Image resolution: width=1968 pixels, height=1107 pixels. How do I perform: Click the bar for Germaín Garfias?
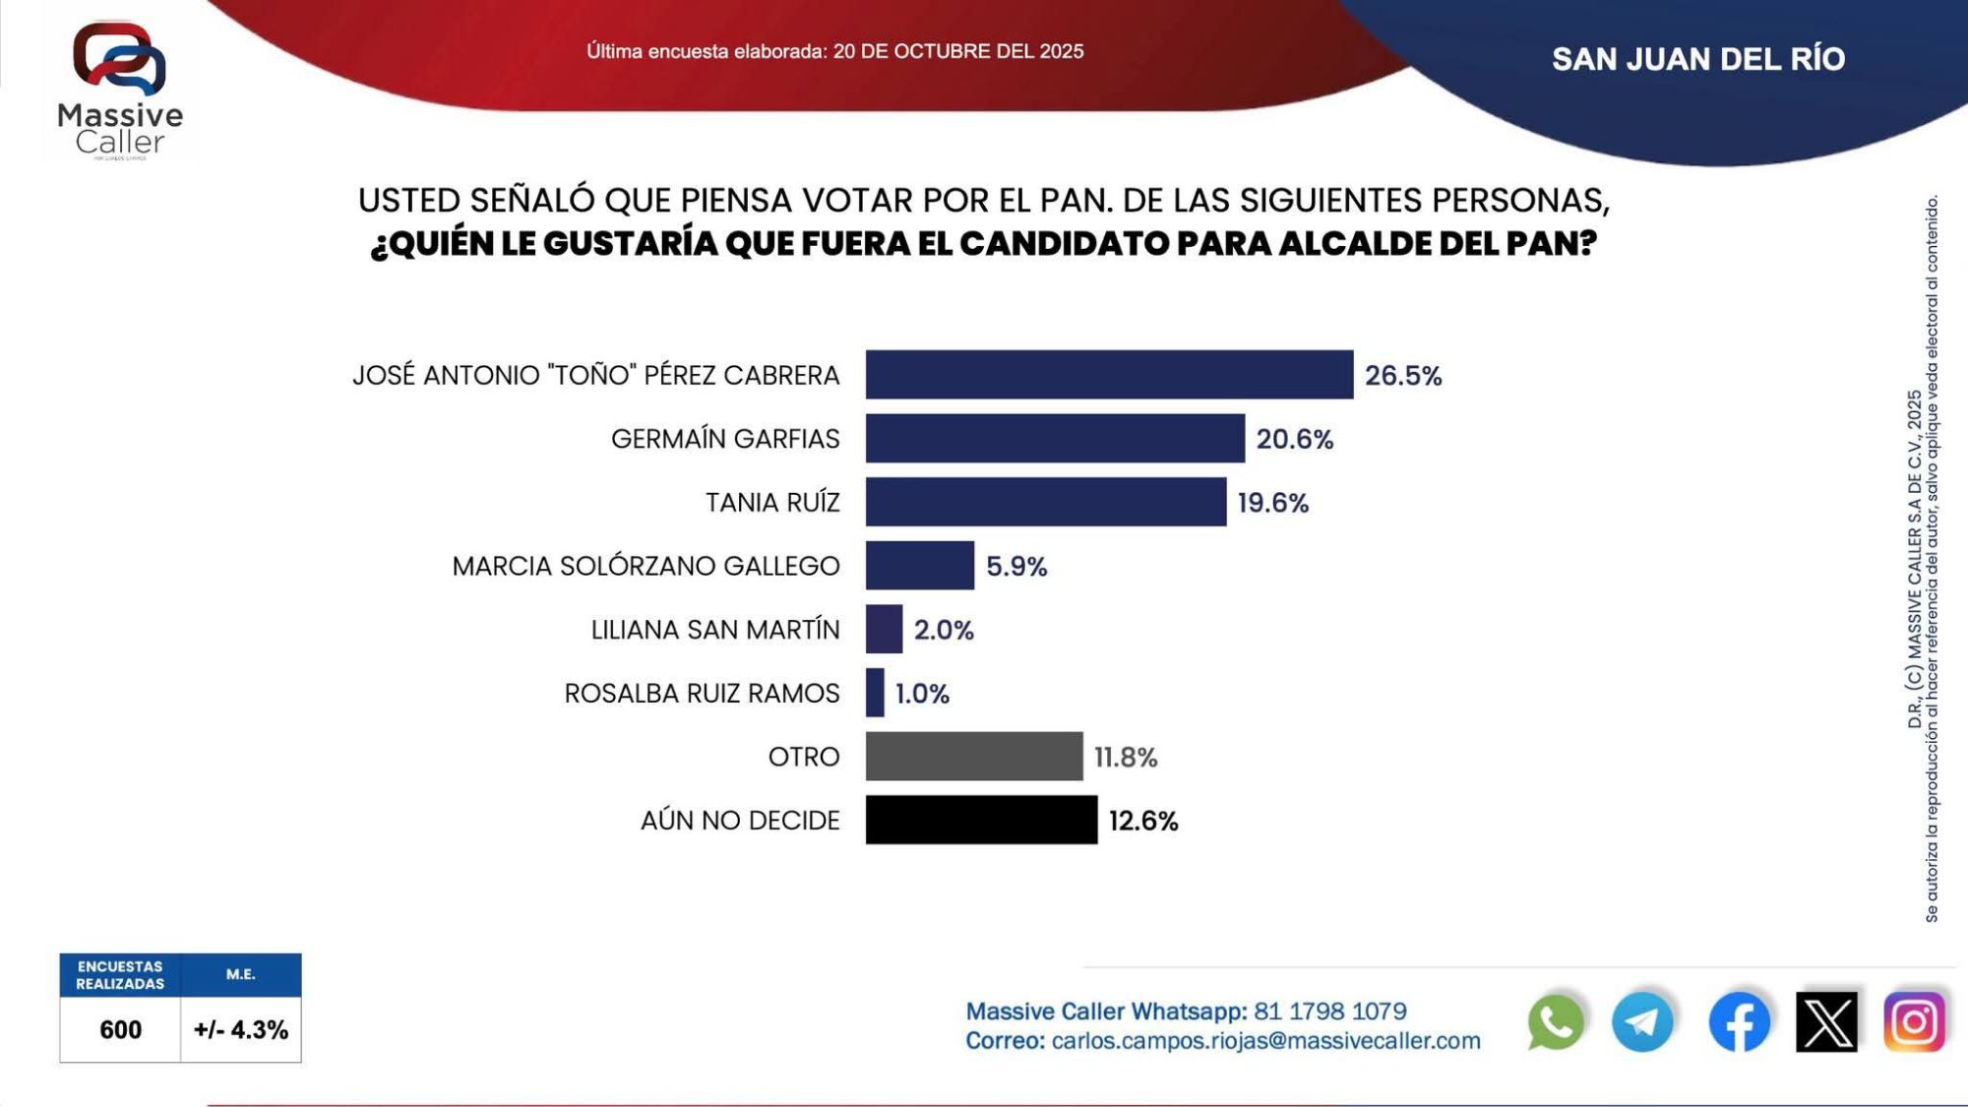coord(1055,438)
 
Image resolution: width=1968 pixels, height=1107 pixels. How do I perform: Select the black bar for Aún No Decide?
coord(981,820)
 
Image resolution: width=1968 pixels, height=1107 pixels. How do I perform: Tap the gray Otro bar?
coord(974,757)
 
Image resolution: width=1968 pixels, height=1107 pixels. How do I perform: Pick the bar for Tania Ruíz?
coord(1046,502)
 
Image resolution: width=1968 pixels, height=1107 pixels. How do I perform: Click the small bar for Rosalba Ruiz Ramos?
coord(875,693)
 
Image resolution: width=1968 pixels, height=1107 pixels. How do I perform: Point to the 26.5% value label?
coord(1402,376)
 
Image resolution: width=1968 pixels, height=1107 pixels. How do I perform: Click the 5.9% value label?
coord(1016,567)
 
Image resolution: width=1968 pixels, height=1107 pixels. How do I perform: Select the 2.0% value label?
coord(944,630)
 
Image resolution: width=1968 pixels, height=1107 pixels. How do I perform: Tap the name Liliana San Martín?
coord(715,630)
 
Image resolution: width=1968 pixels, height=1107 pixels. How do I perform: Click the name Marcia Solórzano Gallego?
coord(646,566)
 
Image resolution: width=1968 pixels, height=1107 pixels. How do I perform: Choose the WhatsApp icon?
coord(1556,1021)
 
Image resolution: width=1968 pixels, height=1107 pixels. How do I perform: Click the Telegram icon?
coord(1642,1021)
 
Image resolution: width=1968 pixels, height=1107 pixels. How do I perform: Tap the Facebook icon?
coord(1739,1021)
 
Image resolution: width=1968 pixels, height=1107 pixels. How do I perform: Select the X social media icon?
coord(1826,1021)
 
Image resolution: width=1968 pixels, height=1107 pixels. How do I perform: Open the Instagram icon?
coord(1914,1021)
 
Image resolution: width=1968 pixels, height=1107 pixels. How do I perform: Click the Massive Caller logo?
coord(120,89)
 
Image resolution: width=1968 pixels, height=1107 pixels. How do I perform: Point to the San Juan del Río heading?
coord(1698,59)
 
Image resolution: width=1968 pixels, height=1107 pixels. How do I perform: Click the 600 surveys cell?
coord(120,1029)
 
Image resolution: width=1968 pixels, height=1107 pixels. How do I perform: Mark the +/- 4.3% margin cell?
coord(241,1029)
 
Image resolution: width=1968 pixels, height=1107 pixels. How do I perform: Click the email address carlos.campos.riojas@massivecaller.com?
coord(1265,1041)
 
